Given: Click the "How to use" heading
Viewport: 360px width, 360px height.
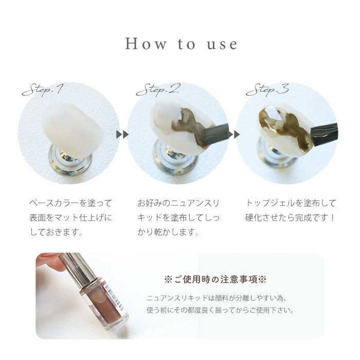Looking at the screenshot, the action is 181,44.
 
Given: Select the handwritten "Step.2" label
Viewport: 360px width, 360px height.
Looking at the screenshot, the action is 158,89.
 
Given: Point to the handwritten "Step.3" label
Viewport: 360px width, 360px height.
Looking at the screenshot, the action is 267,89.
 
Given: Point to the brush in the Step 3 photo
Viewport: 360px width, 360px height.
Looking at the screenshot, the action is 324,134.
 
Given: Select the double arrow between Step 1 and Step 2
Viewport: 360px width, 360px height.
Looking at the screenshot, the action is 122,134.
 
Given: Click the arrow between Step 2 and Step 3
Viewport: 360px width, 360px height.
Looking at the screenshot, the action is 233,134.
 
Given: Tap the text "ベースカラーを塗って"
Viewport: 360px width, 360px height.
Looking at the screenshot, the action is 71,203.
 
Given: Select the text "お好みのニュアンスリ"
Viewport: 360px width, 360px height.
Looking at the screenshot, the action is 178,203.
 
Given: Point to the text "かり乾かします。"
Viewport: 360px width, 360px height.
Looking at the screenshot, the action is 168,232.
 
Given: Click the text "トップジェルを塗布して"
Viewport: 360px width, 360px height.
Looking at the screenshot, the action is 291,203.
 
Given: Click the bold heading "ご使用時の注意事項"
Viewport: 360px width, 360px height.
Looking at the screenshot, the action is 215,280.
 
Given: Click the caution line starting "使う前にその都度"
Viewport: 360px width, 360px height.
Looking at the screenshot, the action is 221,311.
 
